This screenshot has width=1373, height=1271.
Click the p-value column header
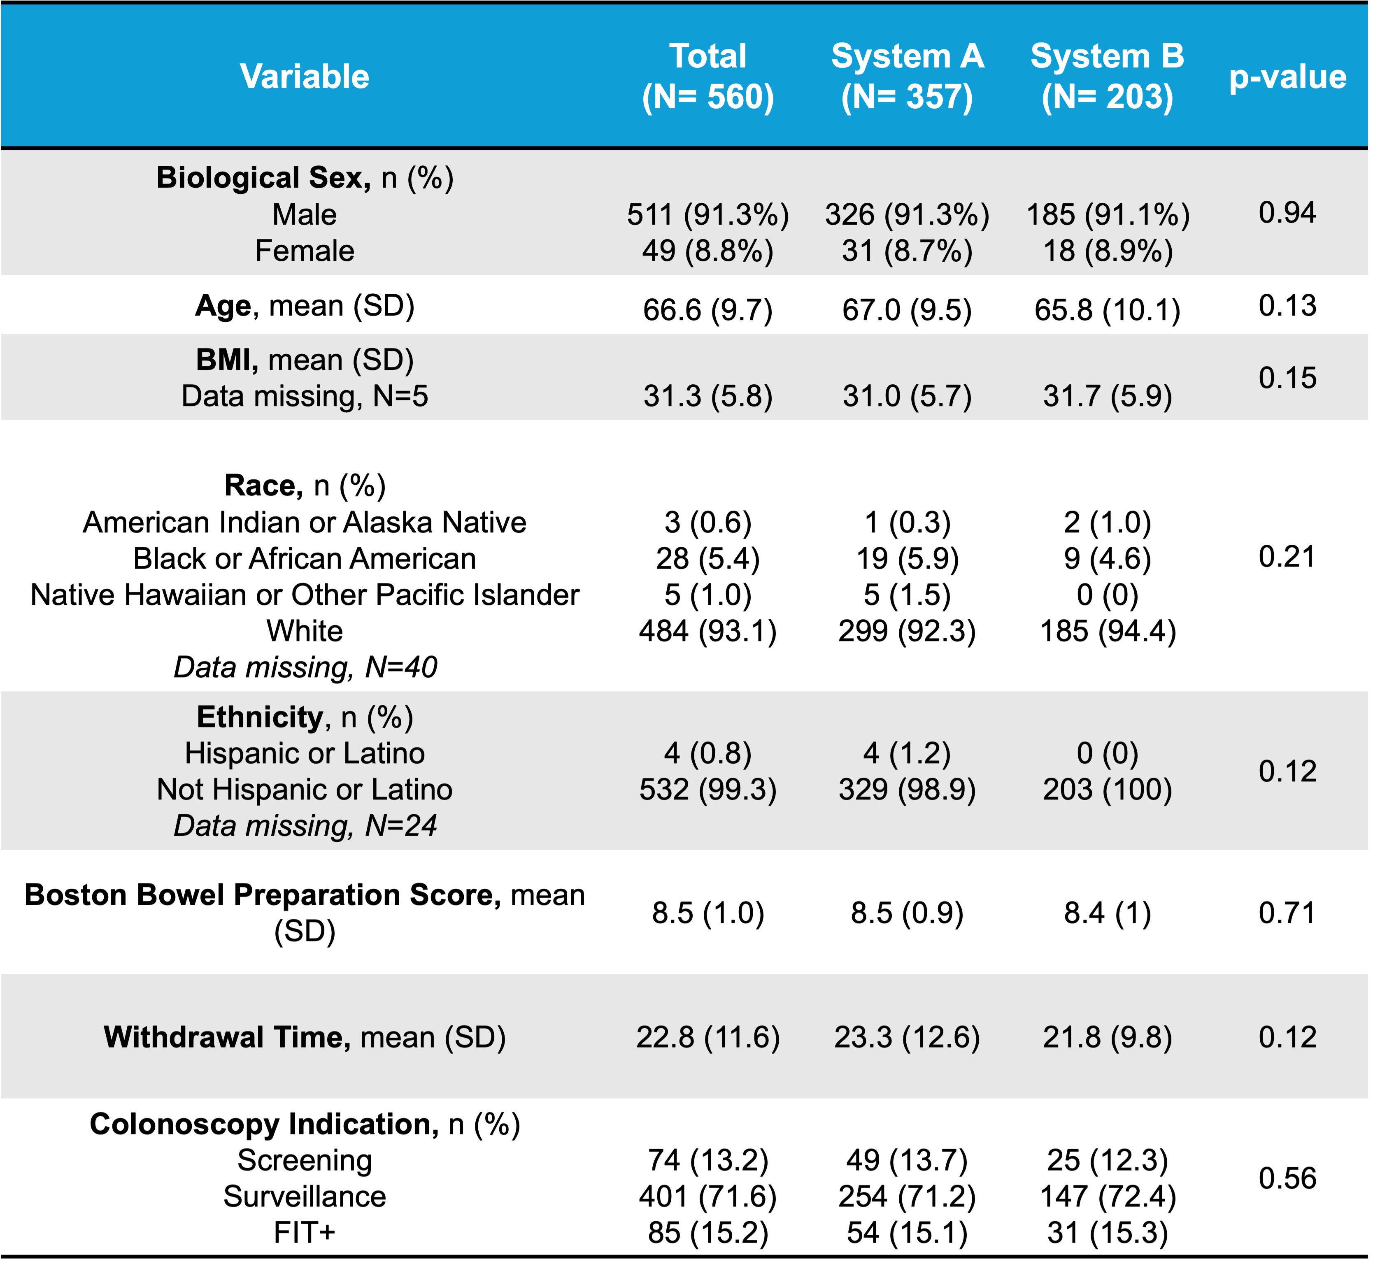1288,77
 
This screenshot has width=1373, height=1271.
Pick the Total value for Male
708,215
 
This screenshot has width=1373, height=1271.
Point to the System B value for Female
1108,251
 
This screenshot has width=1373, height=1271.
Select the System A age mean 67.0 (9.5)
908,310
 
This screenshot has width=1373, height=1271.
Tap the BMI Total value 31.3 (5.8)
708,396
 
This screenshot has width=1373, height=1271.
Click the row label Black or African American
305,558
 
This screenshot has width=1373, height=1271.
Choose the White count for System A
908,631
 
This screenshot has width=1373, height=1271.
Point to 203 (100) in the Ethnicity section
1108,790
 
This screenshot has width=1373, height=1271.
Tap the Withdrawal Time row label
305,1037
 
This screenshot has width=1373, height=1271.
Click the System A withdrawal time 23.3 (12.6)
908,1037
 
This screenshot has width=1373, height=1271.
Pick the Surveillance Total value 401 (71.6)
708,1197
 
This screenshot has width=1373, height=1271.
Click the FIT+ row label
305,1232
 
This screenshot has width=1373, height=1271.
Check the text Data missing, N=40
305,667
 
